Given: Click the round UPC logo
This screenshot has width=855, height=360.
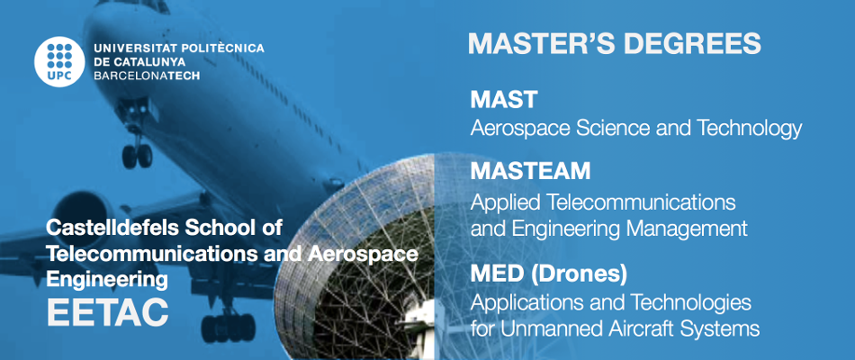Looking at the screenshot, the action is coord(59,61).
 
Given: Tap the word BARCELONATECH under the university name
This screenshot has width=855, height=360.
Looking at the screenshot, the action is coord(148,76).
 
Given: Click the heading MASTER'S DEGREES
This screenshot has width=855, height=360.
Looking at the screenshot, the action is coord(615,43).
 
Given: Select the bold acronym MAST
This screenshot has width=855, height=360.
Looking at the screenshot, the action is coord(504,99).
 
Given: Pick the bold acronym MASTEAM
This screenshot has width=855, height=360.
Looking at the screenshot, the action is coord(530,171).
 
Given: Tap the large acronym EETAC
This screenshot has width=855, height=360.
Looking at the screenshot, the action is coord(107,312).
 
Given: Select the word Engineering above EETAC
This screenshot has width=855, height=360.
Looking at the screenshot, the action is coord(107,281).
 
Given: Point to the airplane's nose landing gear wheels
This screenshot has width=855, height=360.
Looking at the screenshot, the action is coord(137,156).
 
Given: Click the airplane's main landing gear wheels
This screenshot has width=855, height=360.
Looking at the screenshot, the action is coord(228,327).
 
